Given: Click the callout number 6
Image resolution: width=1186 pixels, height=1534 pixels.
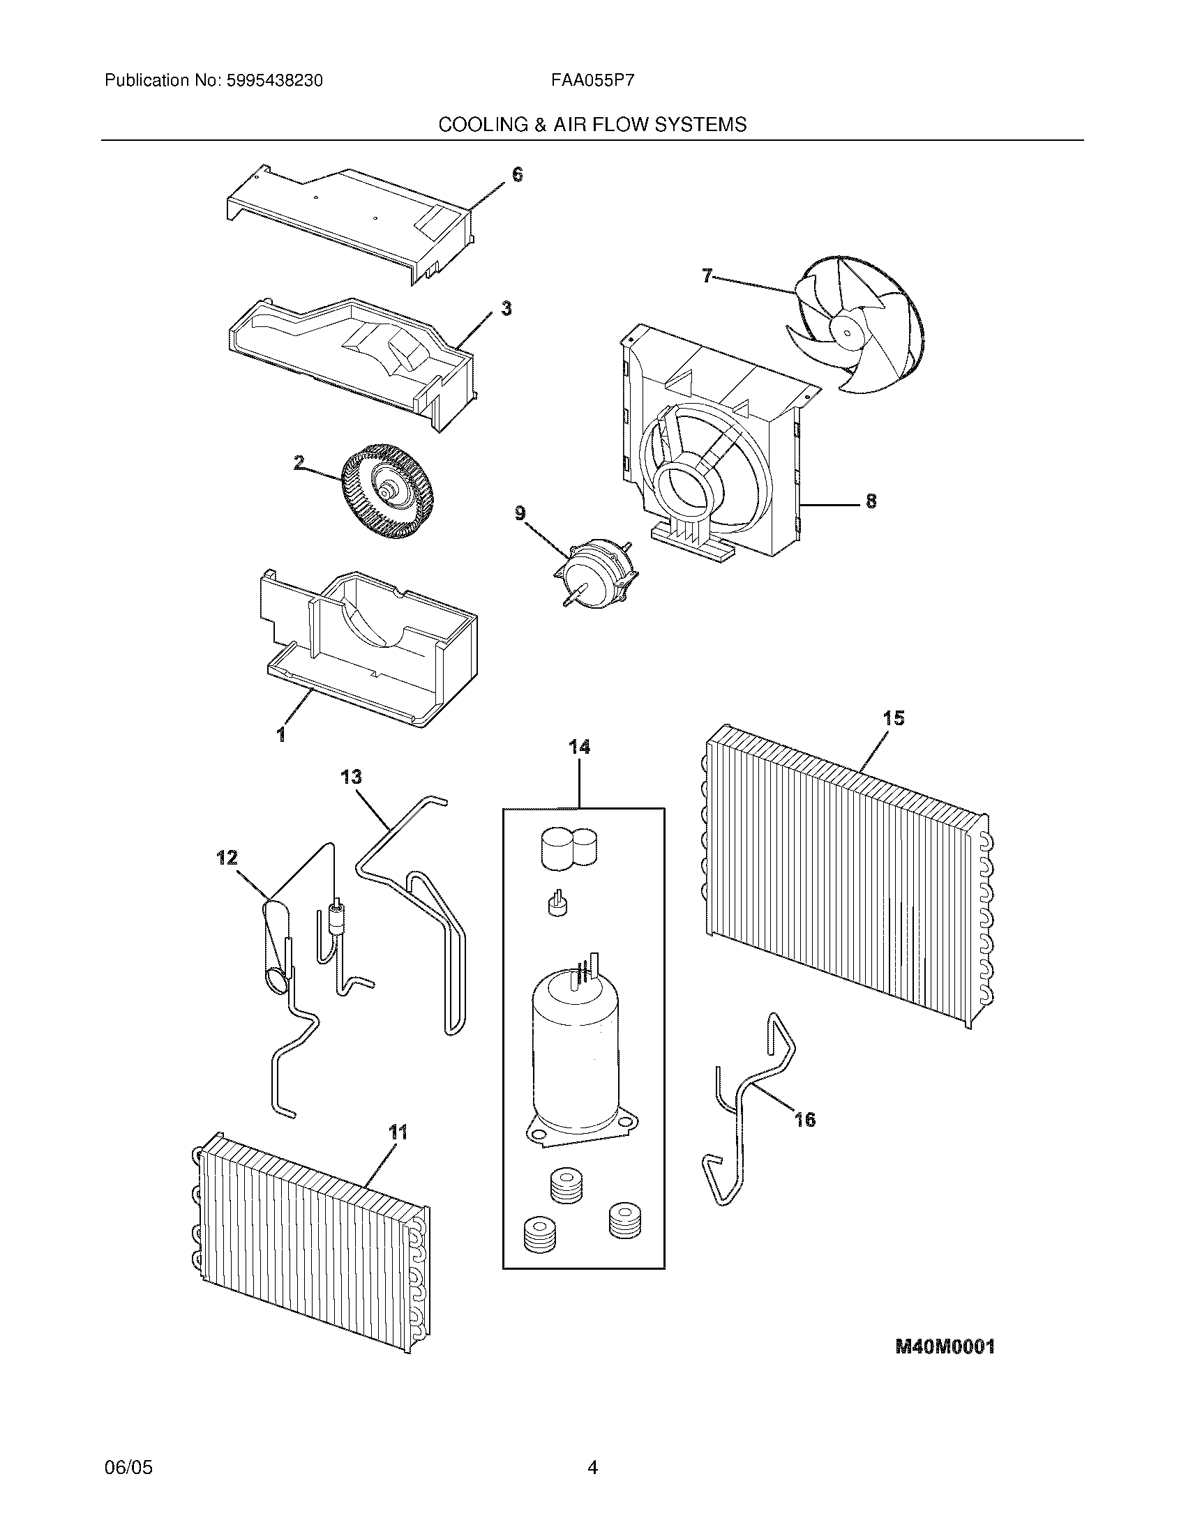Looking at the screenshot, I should point(517,174).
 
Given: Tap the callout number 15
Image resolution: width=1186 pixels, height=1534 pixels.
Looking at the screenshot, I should point(893,718).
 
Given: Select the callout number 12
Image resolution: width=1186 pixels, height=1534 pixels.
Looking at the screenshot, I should point(227,858).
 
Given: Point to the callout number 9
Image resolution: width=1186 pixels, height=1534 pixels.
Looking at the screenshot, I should point(520,513).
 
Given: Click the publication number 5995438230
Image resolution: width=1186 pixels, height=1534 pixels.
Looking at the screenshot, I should point(274,81).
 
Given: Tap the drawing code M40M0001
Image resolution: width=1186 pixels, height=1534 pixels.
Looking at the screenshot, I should point(945,1346).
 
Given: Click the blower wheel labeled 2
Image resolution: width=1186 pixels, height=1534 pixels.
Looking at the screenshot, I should point(386,491).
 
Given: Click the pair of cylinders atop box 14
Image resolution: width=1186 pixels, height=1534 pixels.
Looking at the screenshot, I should point(569,847).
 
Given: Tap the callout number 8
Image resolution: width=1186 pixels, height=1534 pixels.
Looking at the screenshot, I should point(871,501).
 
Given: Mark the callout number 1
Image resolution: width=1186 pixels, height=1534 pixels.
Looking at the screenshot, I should point(280,735).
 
